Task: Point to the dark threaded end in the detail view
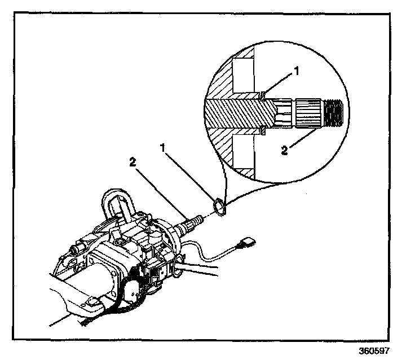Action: click(335, 112)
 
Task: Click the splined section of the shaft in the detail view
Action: click(308, 112)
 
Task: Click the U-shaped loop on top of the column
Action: click(118, 200)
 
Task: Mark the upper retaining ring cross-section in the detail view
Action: click(263, 95)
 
